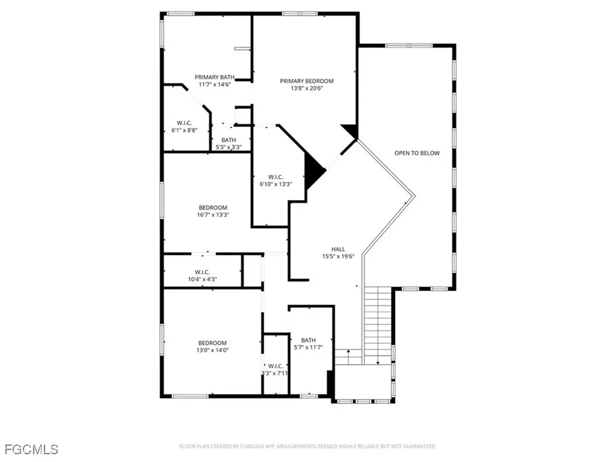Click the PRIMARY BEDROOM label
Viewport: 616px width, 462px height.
[306, 81]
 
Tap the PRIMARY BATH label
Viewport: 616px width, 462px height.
[214, 77]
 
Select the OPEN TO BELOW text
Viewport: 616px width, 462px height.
[417, 153]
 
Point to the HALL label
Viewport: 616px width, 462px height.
[338, 249]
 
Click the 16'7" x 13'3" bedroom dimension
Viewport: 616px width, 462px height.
[214, 215]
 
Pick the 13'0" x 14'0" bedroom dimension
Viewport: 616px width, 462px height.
[213, 350]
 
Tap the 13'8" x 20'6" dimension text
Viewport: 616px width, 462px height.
[306, 88]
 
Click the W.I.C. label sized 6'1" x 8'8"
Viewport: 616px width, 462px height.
[184, 123]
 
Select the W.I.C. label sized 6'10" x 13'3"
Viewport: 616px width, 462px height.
[276, 177]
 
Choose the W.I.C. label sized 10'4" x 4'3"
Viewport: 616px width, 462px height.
[202, 272]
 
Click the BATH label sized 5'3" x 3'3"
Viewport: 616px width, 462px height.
[228, 140]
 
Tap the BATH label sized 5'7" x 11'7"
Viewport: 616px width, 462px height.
[308, 340]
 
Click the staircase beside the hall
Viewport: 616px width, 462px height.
[377, 322]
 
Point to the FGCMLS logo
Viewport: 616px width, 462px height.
[31, 449]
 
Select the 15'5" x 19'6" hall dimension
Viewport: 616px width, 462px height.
[338, 256]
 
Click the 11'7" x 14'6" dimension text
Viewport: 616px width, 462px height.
[214, 84]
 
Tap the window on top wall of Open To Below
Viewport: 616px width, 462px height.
[408, 45]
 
